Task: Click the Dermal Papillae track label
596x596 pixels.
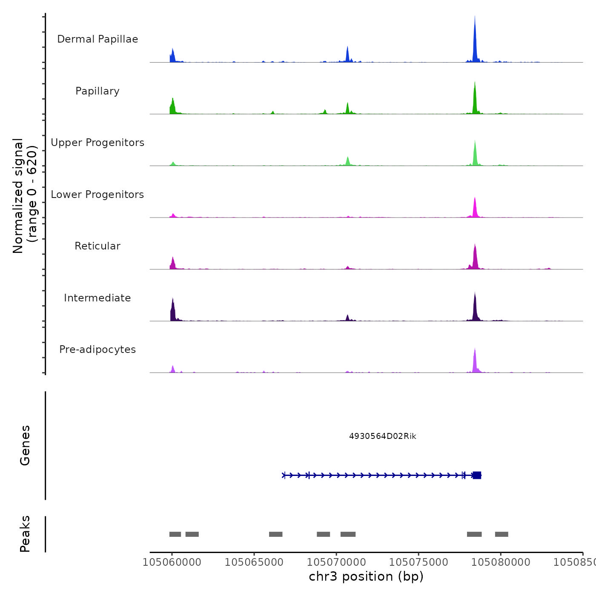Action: pyautogui.click(x=97, y=39)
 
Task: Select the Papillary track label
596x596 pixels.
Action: pyautogui.click(x=97, y=91)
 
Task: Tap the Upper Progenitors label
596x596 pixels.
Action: pyautogui.click(x=97, y=143)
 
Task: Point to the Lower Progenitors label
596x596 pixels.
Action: pyautogui.click(x=97, y=195)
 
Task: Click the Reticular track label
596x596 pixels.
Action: pyautogui.click(x=97, y=246)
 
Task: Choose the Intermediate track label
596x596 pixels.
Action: pyautogui.click(x=97, y=298)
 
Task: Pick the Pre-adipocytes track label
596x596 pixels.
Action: pyautogui.click(x=97, y=350)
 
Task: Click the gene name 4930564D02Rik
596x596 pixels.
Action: pyautogui.click(x=382, y=436)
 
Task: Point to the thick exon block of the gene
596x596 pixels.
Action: pyautogui.click(x=477, y=475)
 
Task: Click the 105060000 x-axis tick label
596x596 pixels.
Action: pyautogui.click(x=172, y=562)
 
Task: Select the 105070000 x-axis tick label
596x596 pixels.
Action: pyautogui.click(x=336, y=562)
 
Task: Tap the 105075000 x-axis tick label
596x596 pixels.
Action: pyautogui.click(x=418, y=562)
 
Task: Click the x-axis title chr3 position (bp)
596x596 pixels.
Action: pyautogui.click(x=366, y=576)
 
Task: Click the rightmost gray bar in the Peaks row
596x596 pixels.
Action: pyautogui.click(x=501, y=534)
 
